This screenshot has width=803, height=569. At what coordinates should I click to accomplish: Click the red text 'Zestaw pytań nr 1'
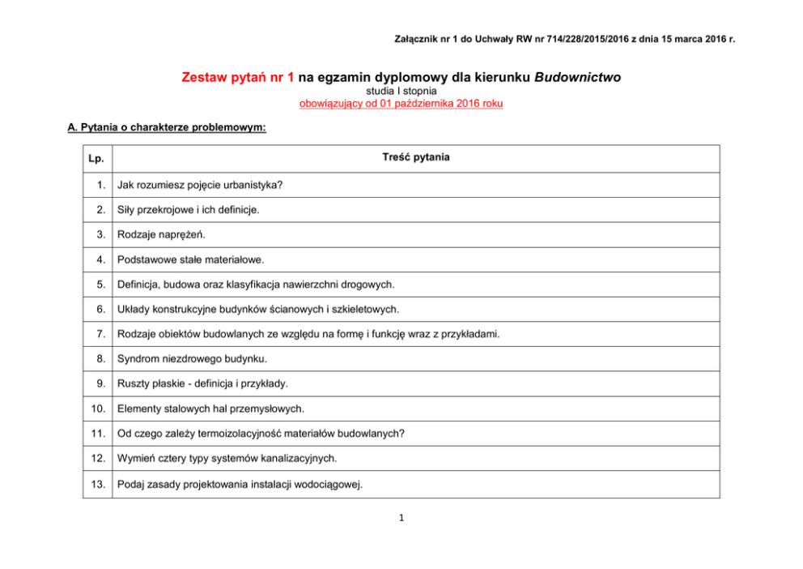(x=237, y=79)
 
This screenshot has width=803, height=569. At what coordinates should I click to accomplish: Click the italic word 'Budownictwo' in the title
(x=577, y=79)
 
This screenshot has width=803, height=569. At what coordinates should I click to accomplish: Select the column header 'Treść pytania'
(x=415, y=157)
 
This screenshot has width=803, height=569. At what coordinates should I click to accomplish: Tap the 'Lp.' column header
(x=96, y=158)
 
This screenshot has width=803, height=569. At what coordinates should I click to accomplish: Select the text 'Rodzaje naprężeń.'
(x=161, y=235)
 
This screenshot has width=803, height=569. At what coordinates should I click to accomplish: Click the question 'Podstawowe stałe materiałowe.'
(x=190, y=260)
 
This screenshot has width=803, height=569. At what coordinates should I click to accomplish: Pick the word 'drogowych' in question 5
(x=368, y=284)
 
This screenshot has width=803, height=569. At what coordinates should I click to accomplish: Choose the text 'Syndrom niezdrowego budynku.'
(x=192, y=359)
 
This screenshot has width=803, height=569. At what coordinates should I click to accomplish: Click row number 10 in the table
(x=98, y=409)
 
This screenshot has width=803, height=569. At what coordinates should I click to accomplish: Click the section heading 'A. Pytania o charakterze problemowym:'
(x=168, y=128)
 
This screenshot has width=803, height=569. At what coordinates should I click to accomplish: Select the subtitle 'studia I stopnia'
(x=401, y=92)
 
